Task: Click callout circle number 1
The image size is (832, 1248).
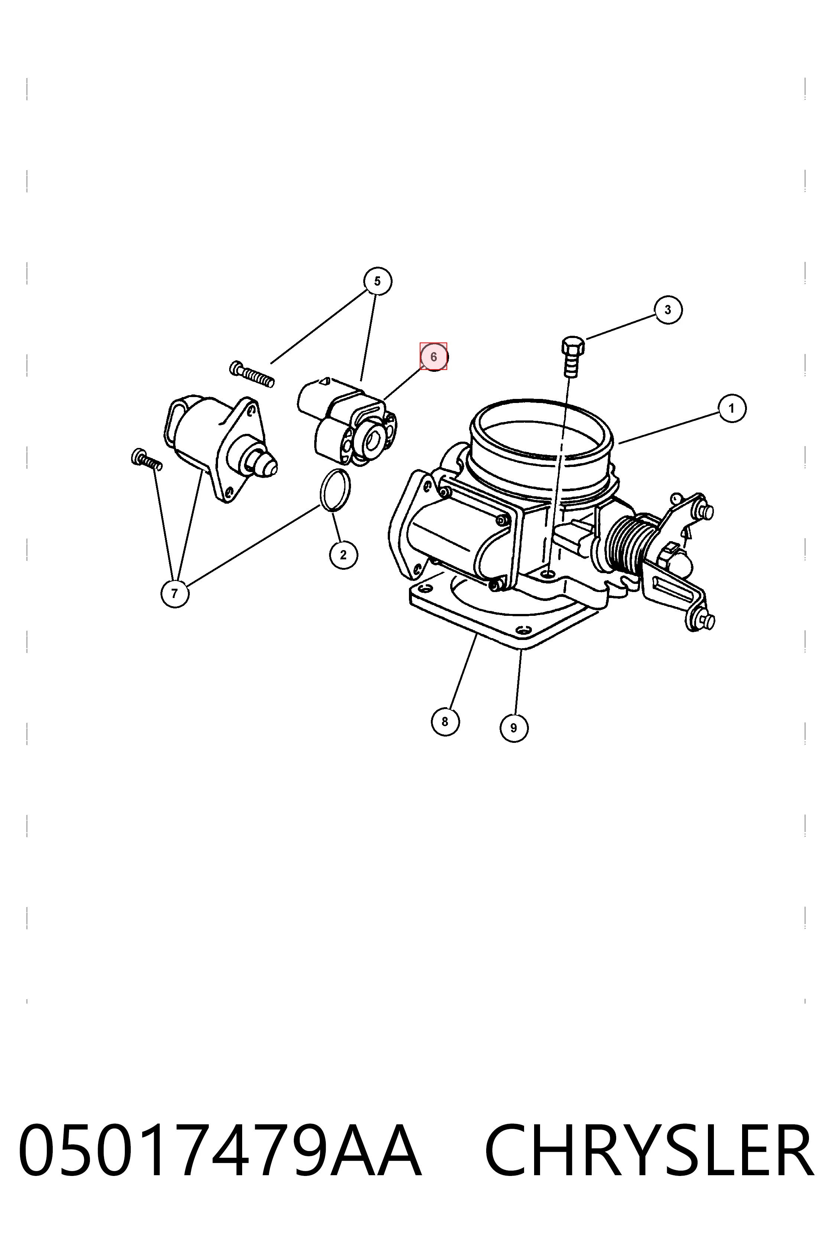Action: [732, 409]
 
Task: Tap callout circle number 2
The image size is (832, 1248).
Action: [343, 555]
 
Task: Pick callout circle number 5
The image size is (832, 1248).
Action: [378, 281]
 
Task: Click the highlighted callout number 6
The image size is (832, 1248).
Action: [433, 357]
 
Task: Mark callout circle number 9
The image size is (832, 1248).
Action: [514, 728]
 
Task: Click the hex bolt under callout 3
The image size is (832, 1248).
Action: [572, 356]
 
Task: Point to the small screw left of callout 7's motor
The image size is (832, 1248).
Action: [146, 459]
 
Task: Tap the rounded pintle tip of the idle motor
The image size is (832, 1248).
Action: [265, 464]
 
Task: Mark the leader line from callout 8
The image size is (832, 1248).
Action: [463, 672]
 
